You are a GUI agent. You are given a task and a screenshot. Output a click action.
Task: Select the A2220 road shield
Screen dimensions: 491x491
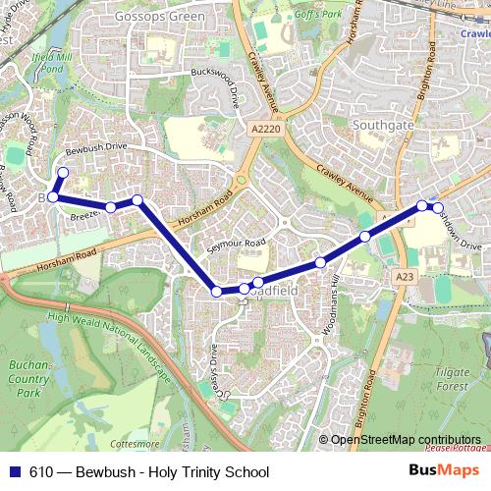tap(264, 128)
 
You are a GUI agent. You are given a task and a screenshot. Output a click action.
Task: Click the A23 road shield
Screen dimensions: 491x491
tap(404, 278)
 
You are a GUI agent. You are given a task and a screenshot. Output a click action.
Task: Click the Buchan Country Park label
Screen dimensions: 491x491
tap(28, 378)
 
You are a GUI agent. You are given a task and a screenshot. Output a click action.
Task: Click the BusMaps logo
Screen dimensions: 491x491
tap(445, 471)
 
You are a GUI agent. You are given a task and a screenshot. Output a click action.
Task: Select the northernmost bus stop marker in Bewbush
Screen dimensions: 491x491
tap(63, 173)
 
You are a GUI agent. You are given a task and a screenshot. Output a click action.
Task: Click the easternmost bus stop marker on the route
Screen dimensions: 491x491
tap(437, 207)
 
